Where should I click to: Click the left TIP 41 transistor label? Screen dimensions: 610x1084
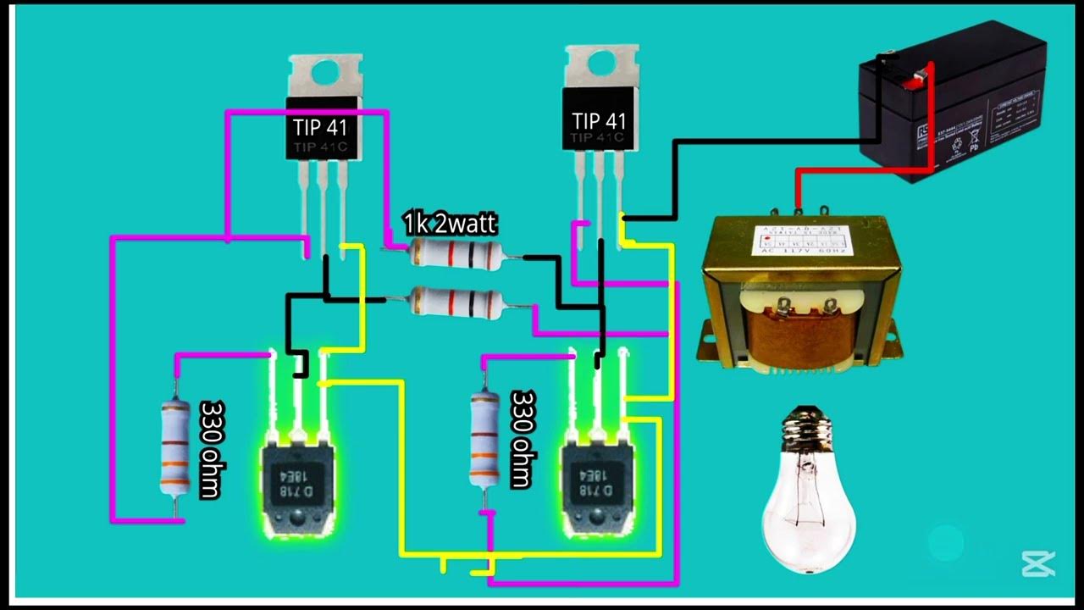coord(320,127)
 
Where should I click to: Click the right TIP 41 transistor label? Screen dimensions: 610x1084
coord(598,119)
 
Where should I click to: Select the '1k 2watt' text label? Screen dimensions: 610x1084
coord(450,224)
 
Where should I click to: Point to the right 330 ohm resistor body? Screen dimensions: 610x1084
coord(484,439)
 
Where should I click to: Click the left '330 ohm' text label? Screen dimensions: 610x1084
coord(210,449)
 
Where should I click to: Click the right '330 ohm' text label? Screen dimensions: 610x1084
coord(522,439)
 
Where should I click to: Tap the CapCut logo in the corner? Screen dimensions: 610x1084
coord(1037,563)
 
